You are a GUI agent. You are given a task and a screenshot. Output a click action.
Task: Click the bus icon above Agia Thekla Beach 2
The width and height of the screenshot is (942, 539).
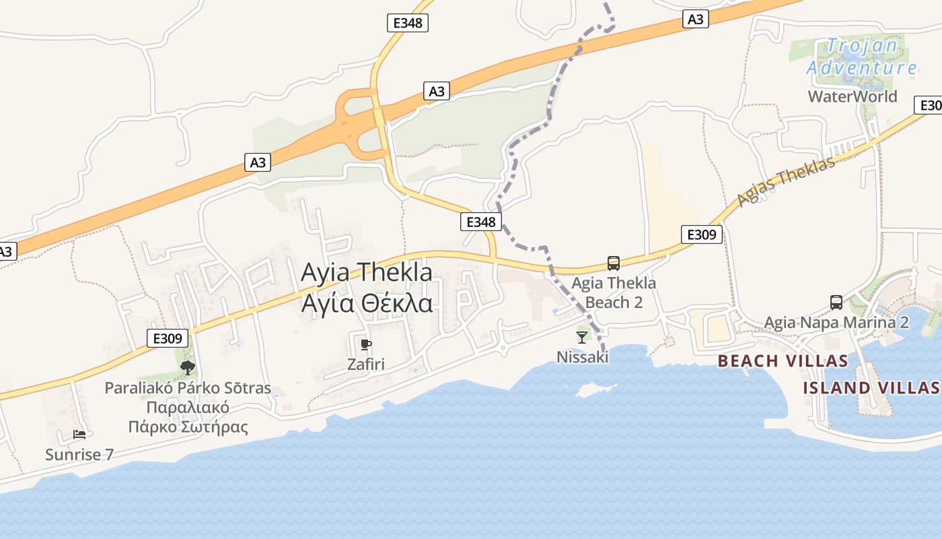point(613,263)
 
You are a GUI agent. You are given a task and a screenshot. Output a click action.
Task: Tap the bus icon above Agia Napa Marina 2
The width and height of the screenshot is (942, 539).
point(836,303)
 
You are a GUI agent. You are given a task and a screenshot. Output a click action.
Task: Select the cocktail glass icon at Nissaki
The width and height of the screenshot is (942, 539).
point(582,337)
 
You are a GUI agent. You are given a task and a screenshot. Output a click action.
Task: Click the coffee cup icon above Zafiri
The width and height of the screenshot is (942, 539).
point(366,345)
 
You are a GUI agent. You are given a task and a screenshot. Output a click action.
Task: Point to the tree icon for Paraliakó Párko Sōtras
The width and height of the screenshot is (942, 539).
point(188,367)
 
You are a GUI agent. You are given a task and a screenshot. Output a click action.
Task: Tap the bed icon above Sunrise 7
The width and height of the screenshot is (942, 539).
point(79,434)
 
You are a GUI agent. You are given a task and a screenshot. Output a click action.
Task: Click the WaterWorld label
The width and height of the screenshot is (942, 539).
point(853,96)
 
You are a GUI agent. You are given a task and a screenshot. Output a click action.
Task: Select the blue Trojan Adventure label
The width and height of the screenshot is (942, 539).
point(861,57)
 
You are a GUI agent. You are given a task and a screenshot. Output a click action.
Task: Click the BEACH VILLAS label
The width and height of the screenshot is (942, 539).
point(783,361)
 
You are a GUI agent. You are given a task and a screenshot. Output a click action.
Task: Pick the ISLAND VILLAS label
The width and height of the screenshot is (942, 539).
point(872,387)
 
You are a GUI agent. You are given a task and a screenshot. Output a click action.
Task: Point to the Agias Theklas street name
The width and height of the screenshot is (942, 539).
point(786,182)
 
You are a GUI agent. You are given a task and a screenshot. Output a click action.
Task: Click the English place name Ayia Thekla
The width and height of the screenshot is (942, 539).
point(366,272)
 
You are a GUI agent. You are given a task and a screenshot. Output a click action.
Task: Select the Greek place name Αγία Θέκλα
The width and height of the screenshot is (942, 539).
point(366,304)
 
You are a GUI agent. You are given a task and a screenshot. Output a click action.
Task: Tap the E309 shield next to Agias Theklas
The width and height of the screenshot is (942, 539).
point(701,234)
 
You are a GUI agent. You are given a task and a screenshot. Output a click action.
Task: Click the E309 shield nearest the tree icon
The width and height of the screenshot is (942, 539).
point(168,338)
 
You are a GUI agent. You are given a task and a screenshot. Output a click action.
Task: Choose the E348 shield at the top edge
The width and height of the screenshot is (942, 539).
point(408,23)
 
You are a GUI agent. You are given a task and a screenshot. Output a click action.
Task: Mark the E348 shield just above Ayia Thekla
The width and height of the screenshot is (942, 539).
point(481,222)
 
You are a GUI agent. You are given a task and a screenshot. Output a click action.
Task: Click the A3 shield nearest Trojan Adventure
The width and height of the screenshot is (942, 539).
point(695,19)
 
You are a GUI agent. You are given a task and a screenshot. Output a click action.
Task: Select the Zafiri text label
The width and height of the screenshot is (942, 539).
point(366,364)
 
